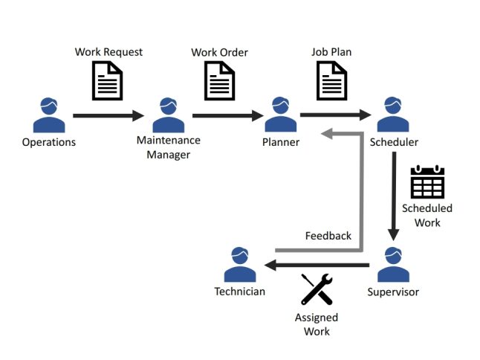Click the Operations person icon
coord(49,115)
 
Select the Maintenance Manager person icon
coord(168,115)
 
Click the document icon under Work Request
coord(108,80)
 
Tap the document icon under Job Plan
coord(331,80)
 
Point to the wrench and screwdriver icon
coord(317,290)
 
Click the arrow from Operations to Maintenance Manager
coord(108,116)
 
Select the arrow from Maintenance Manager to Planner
coord(227,116)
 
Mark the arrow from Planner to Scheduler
coord(334,115)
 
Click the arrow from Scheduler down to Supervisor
coord(393,197)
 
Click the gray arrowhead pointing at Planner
coord(328,134)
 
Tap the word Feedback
coord(328,236)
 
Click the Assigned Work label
coord(317,324)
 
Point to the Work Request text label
coord(108,52)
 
